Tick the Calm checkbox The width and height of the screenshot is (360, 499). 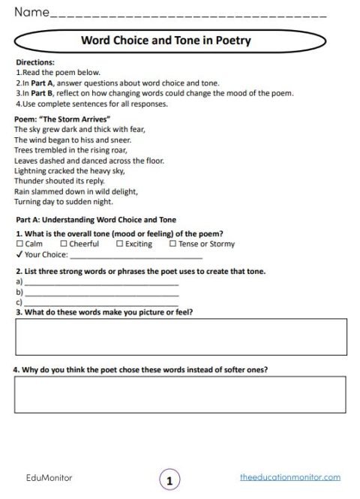[x=19, y=244]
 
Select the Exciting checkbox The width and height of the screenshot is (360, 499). [x=120, y=244]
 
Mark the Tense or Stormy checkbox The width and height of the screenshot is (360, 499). [x=173, y=244]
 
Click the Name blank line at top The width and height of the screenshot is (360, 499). [x=187, y=15]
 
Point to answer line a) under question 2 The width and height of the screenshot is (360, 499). [x=101, y=284]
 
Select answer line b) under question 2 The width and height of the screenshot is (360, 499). [x=101, y=293]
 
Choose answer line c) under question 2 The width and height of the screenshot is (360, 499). [x=101, y=302]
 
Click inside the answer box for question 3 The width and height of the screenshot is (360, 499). [x=180, y=336]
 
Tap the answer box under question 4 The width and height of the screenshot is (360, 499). [x=180, y=394]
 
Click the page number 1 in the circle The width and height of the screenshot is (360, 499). [x=170, y=479]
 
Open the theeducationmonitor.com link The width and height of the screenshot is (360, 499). [x=290, y=476]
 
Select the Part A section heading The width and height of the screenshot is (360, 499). [x=95, y=220]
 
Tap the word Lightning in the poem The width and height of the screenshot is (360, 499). [x=31, y=170]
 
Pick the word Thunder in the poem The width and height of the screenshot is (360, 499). [x=29, y=181]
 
